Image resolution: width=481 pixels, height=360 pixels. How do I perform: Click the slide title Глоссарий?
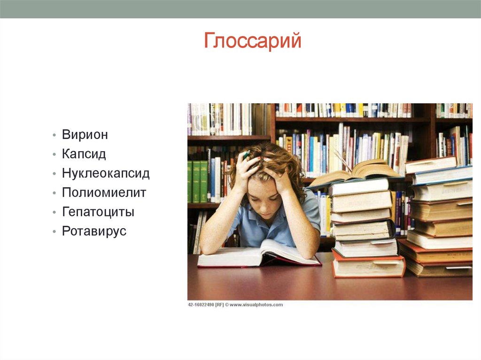[x=252, y=41]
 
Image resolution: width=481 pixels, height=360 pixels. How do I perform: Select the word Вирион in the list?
[x=85, y=135]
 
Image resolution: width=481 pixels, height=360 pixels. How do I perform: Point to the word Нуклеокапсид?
[x=106, y=174]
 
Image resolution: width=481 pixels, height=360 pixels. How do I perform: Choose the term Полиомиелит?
[x=104, y=193]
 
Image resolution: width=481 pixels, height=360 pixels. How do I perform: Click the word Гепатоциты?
[x=98, y=212]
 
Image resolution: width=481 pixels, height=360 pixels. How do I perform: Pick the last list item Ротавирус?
[x=94, y=231]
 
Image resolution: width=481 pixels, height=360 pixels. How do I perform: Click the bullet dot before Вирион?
[x=54, y=135]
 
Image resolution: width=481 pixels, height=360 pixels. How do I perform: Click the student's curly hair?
[x=270, y=160]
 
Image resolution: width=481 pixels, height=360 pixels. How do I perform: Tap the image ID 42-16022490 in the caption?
[x=201, y=305]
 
